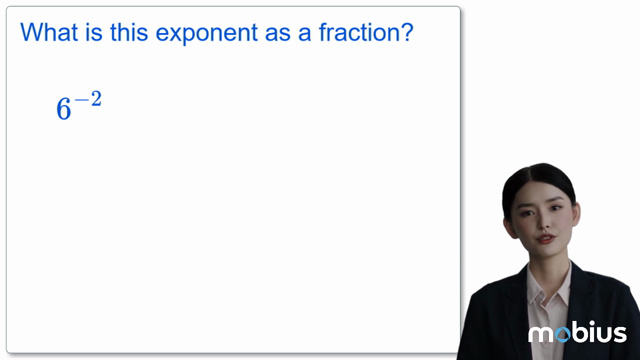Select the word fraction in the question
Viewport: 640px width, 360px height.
(x=349, y=33)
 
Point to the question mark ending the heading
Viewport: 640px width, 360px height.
(x=407, y=33)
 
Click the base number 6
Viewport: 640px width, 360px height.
(x=64, y=110)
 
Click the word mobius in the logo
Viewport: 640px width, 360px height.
(x=577, y=333)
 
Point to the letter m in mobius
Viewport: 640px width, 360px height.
(x=538, y=334)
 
